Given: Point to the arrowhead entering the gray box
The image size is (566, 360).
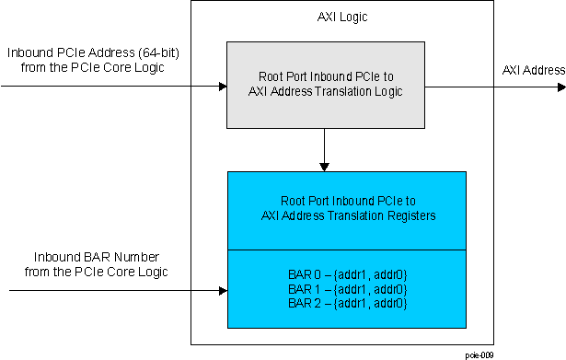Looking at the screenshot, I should [x=222, y=87].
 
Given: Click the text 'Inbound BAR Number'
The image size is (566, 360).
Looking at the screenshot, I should [x=91, y=256].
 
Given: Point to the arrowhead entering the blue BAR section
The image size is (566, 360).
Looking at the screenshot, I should [x=222, y=290].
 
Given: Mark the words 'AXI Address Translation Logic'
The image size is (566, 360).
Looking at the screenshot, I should [x=326, y=93].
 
